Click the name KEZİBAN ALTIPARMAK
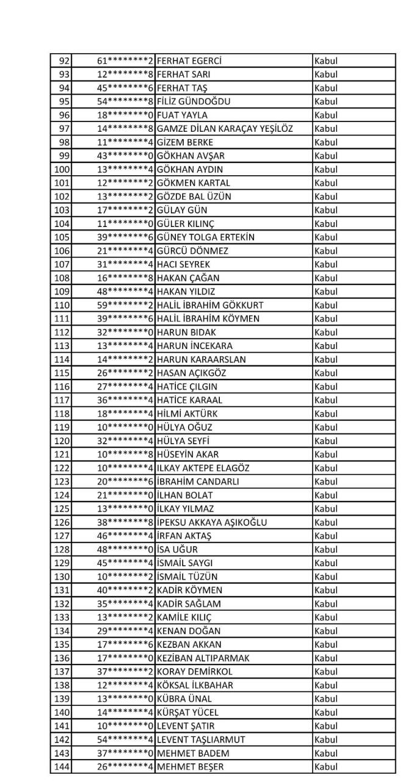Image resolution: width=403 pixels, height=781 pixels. (203, 657)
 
